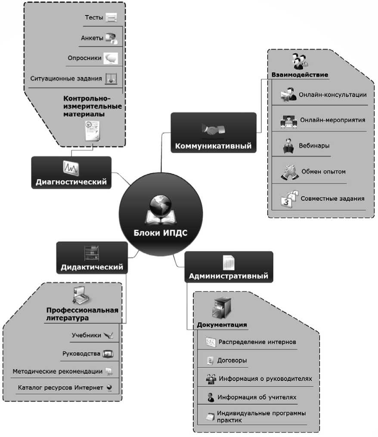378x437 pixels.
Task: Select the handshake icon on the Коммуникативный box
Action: coord(213,129)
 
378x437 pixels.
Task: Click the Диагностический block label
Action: coord(71,182)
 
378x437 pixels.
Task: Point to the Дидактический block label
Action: coord(92,267)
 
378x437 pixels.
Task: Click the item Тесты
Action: coord(94,18)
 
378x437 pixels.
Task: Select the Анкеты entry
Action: coord(92,38)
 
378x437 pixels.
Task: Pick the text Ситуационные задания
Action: coord(66,79)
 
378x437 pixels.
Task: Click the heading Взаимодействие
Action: coord(300,75)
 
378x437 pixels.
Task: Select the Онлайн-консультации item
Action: coord(333,94)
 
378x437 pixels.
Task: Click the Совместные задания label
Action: coord(332,198)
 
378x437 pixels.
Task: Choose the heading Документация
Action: coord(222,324)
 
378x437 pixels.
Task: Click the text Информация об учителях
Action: coord(257,397)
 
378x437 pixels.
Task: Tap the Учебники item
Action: coord(87,335)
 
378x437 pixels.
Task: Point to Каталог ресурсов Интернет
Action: coord(61,387)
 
